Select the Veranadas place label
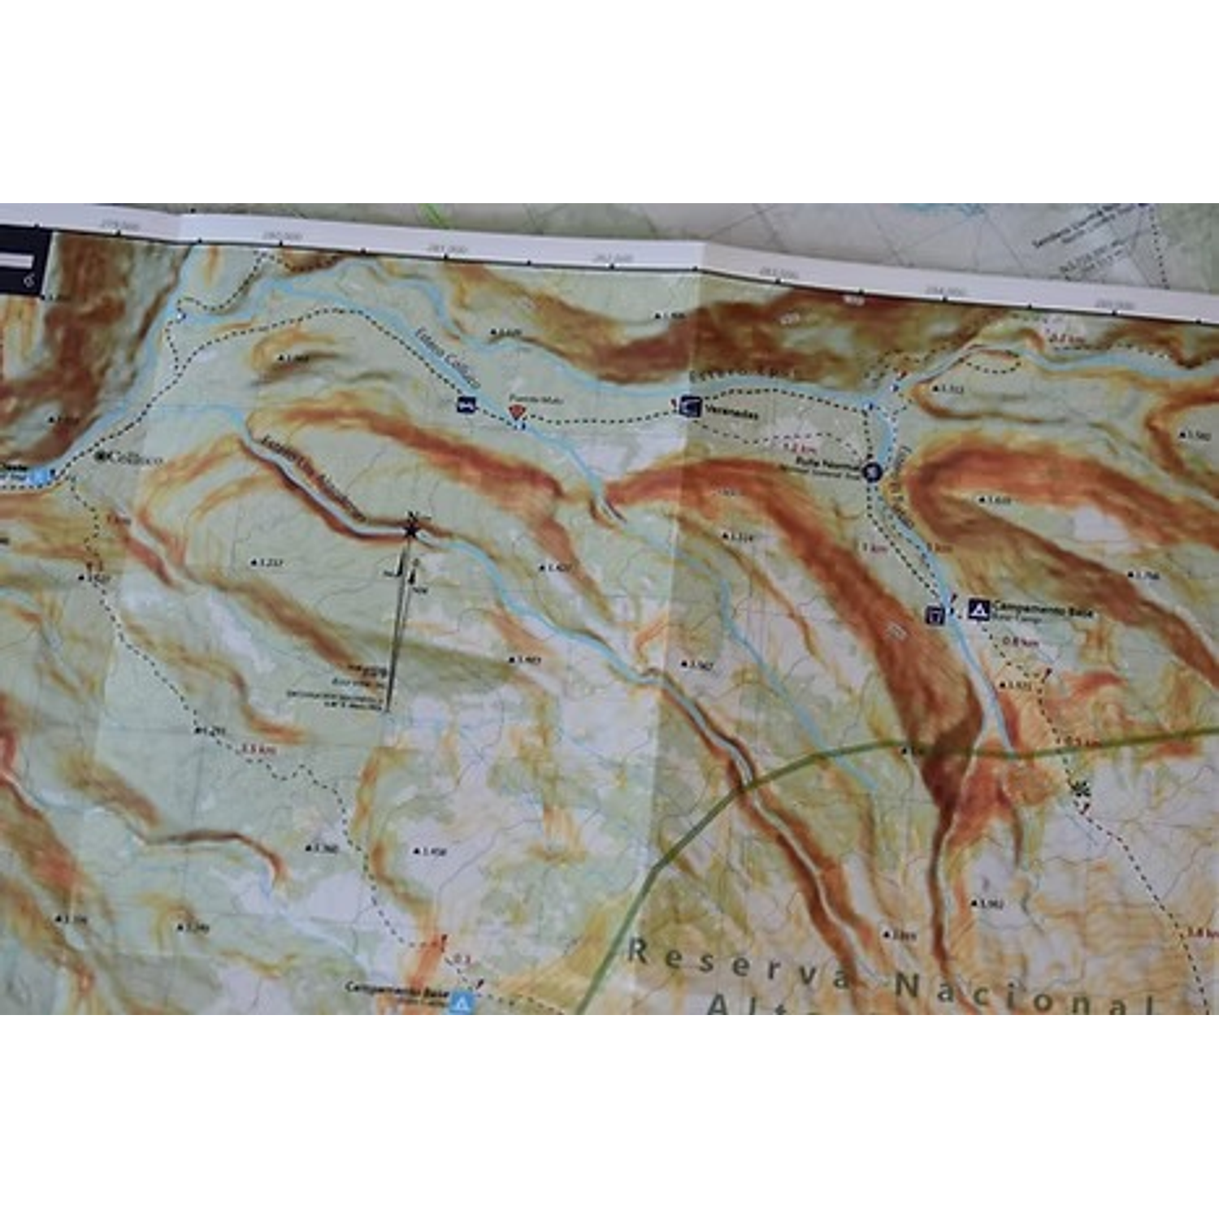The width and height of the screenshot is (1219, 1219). coord(731,412)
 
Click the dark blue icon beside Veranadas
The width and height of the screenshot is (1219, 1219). coord(690,406)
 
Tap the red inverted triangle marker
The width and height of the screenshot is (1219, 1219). coord(516,412)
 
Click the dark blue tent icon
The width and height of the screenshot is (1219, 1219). coord(978,609)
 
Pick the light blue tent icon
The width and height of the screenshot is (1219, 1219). coord(462,1003)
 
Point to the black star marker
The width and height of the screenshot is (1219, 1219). coord(412,530)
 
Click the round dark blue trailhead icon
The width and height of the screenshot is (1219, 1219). coord(871,471)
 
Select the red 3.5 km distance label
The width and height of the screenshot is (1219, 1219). coord(258,749)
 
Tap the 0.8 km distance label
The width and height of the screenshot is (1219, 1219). coord(1020,642)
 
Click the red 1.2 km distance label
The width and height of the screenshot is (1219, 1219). coord(798,448)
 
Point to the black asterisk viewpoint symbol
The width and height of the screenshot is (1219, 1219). coord(1080,787)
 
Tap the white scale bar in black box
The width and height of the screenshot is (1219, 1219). coord(16,260)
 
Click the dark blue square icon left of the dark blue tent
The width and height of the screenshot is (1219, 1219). coord(935,615)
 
